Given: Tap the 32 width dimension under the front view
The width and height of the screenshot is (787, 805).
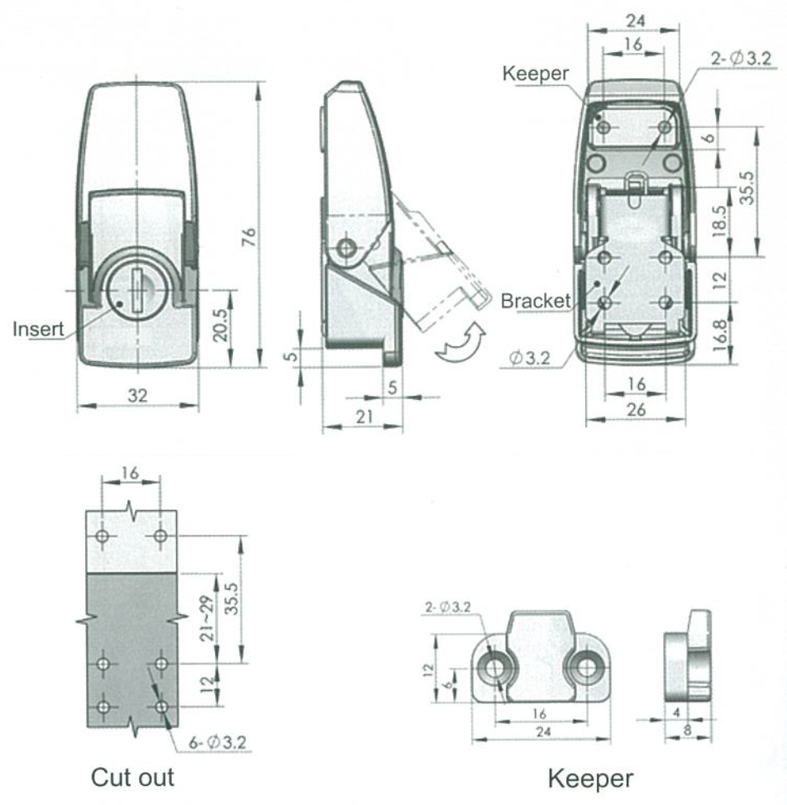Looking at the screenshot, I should click(x=137, y=396).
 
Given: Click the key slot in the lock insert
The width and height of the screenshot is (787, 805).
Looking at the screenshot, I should click(x=136, y=285).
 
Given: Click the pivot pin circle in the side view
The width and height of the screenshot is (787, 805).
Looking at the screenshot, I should click(x=347, y=248).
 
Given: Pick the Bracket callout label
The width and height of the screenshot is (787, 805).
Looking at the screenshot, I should click(x=535, y=301).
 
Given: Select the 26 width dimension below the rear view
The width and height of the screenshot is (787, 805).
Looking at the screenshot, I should click(x=634, y=408).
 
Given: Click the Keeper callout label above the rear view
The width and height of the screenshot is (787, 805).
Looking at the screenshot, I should click(x=535, y=74).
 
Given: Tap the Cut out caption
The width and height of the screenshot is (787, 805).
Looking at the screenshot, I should click(x=132, y=777).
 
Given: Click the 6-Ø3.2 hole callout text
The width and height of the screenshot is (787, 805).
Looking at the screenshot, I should click(x=217, y=743).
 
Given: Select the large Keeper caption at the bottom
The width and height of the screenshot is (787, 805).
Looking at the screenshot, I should click(x=591, y=778).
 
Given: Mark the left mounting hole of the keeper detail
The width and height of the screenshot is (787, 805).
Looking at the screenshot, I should click(x=497, y=667).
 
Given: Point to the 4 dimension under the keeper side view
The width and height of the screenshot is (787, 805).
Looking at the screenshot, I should click(x=679, y=712).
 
